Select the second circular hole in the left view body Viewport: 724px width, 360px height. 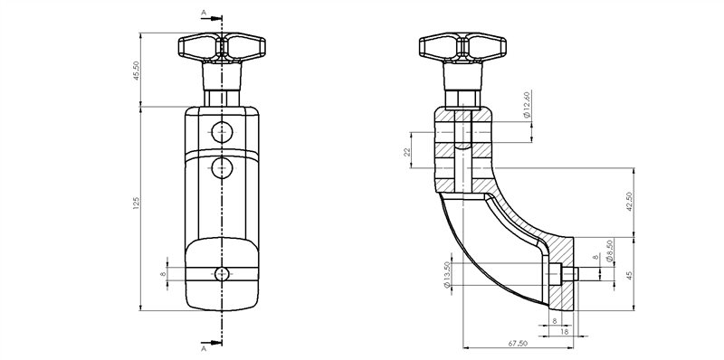222,167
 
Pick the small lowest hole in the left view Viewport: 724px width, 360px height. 222,274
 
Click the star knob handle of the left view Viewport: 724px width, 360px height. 222,49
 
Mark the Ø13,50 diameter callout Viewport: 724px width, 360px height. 446,275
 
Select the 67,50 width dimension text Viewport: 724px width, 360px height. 518,345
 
